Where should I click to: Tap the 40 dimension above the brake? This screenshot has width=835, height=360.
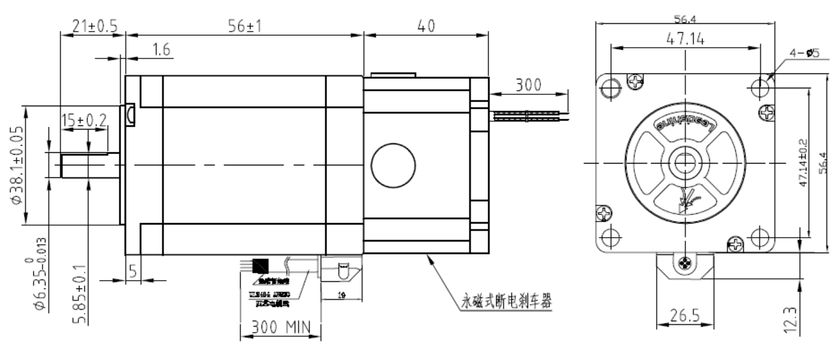426,26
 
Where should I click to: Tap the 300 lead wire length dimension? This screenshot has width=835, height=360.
529,85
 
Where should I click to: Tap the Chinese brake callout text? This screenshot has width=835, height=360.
506,302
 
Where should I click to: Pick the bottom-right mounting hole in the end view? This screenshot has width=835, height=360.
760,237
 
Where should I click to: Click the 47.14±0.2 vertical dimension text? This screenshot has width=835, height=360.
803,162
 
